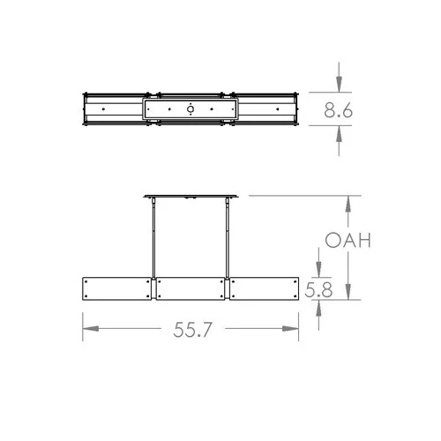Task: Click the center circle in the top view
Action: coord(191,110)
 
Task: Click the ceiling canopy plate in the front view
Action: coord(191,196)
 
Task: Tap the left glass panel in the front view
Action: coord(118,289)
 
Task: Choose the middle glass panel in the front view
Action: coord(191,289)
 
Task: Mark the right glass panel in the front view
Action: coord(265,289)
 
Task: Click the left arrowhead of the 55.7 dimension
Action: coord(88,329)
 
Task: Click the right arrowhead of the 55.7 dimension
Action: coord(295,329)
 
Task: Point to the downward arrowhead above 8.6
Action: coord(340,85)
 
